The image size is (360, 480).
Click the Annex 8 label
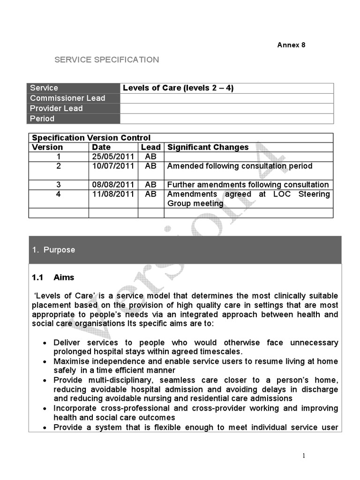tap(291, 45)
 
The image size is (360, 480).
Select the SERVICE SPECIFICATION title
tap(107, 60)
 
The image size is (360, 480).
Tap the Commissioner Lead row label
tap(67, 98)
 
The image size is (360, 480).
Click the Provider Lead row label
tap(56, 108)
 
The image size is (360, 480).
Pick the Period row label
tap(42, 119)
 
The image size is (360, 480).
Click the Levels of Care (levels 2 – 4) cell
tap(178, 88)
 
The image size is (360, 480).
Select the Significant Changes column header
tap(208, 147)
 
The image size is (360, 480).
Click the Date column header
tap(101, 147)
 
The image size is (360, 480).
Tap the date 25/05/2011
tap(113, 157)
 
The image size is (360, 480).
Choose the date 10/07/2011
tap(113, 166)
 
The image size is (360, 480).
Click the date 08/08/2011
tap(113, 185)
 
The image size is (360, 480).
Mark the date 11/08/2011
tap(113, 194)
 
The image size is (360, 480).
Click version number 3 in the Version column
tap(59, 185)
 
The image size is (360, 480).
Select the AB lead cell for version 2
tap(150, 166)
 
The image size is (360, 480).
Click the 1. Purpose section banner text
tap(54, 250)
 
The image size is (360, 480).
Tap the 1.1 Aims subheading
tap(53, 277)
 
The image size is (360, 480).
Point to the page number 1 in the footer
tap(304, 456)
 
